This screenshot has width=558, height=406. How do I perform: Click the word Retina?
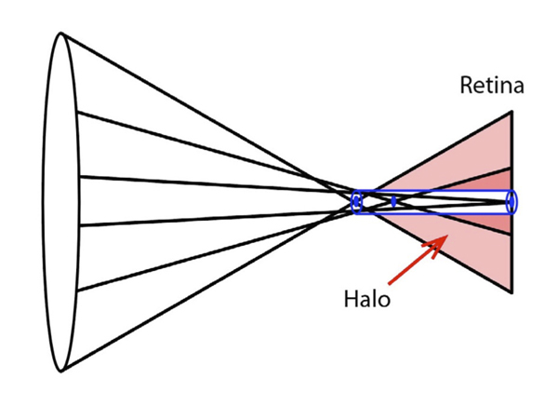click(x=492, y=88)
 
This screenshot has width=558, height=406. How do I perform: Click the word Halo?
click(x=365, y=302)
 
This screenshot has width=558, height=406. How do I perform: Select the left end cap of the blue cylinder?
click(x=355, y=201)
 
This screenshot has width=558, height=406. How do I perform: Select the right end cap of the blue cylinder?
click(x=511, y=201)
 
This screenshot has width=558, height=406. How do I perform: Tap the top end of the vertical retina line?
click(x=511, y=113)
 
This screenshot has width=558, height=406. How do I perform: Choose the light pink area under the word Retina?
click(x=484, y=149)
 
